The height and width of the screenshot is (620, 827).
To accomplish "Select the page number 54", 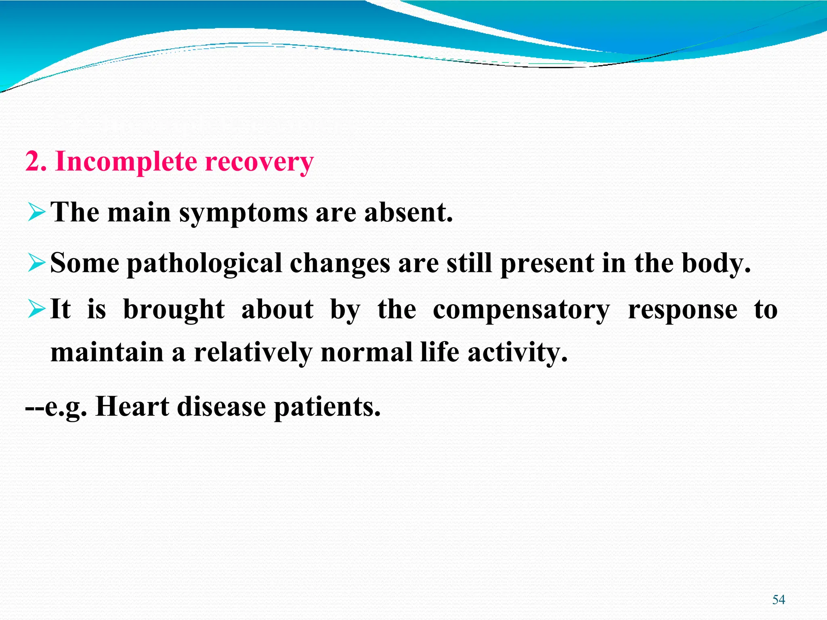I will [x=778, y=600].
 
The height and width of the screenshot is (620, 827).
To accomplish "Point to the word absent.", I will [x=408, y=213].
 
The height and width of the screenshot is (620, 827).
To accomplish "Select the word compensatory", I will [x=521, y=310].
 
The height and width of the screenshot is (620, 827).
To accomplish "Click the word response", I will [x=682, y=310].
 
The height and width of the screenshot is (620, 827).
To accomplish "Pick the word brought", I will [x=174, y=310].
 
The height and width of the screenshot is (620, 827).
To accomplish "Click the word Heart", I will [x=132, y=407].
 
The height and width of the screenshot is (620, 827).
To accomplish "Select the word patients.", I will [x=327, y=407].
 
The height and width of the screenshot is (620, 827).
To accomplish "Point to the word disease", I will [x=221, y=407].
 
